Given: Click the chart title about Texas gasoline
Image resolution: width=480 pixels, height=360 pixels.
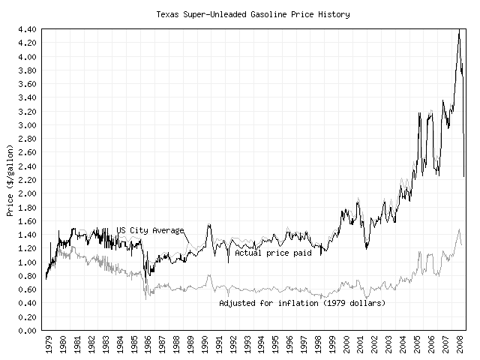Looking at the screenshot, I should (x=253, y=14).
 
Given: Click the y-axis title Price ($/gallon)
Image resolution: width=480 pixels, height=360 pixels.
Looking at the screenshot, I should (x=10, y=179).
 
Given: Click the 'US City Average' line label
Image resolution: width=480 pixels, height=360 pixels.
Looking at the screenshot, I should (x=150, y=230).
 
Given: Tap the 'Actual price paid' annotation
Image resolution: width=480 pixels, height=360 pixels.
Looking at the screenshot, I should (x=273, y=253).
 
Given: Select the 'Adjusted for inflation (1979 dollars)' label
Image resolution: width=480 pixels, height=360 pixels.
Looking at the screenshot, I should (x=302, y=304).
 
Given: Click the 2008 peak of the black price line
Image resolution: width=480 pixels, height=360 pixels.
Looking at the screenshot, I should (x=459, y=30).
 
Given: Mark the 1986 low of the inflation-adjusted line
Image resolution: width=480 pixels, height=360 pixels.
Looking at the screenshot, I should (x=145, y=298).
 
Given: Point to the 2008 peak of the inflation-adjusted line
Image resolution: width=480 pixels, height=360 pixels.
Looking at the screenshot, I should (x=459, y=229).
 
